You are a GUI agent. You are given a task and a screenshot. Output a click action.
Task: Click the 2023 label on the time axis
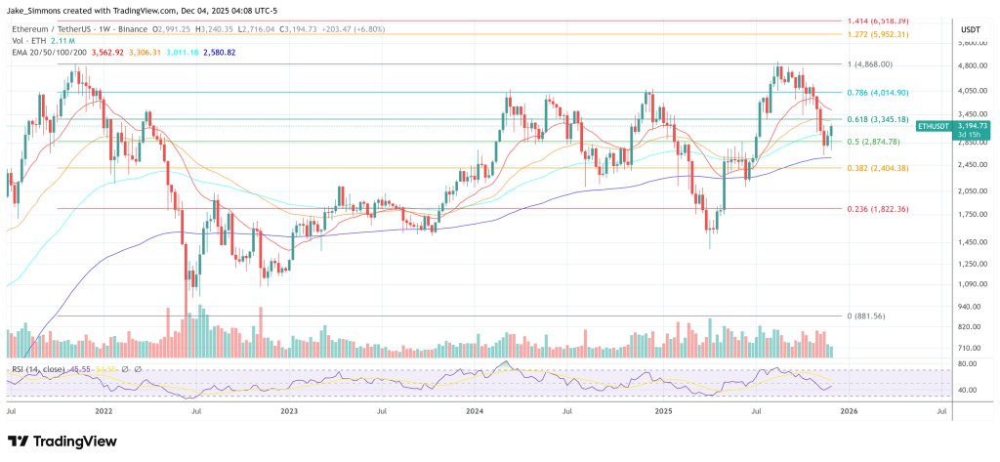click(x=289, y=412)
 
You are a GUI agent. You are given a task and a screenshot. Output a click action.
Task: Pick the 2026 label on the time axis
click(x=849, y=412)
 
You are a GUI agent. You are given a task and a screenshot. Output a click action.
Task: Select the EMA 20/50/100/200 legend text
click(x=42, y=53)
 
